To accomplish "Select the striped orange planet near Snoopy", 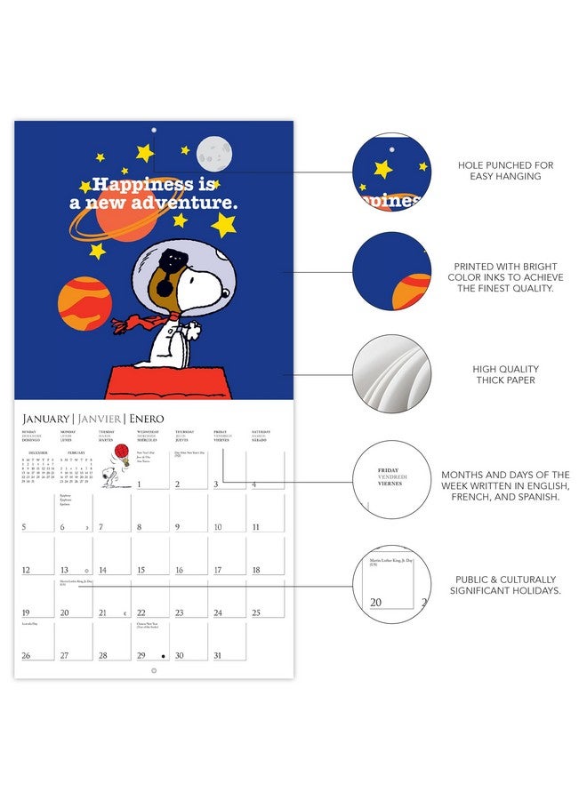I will pos(84,303).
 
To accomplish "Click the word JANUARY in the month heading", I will pos(45,418).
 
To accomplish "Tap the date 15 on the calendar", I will pos(140,570).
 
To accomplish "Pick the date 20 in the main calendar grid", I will pos(64,612).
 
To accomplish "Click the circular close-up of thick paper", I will pos(391,374).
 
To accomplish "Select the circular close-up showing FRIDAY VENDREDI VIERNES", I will pos(391,479).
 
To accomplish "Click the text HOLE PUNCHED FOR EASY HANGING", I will pos(505,171).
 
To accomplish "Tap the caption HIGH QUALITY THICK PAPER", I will pos(505,374).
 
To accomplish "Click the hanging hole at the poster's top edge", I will pos(154,131).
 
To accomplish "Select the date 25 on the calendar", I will pos(255,612).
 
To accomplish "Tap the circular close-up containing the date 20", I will pos(391,585).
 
